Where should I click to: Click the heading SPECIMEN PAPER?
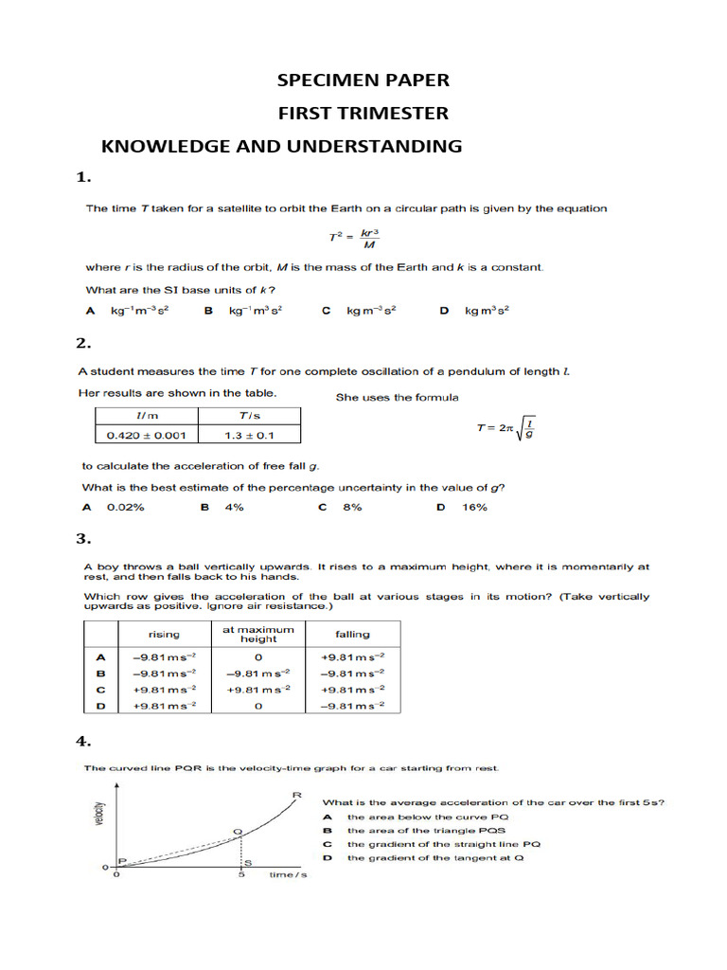click(363, 80)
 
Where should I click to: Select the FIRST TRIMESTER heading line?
click(363, 114)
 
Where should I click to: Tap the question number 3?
click(83, 539)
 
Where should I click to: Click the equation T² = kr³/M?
click(350, 238)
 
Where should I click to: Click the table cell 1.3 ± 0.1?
click(248, 435)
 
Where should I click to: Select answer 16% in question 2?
click(473, 508)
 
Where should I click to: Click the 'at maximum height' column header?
click(258, 634)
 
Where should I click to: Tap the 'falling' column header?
click(352, 634)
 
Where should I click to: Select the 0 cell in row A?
click(258, 656)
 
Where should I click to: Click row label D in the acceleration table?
click(100, 706)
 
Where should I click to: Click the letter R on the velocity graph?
click(297, 794)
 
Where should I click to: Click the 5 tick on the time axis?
click(241, 874)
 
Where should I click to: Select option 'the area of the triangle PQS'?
click(414, 830)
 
